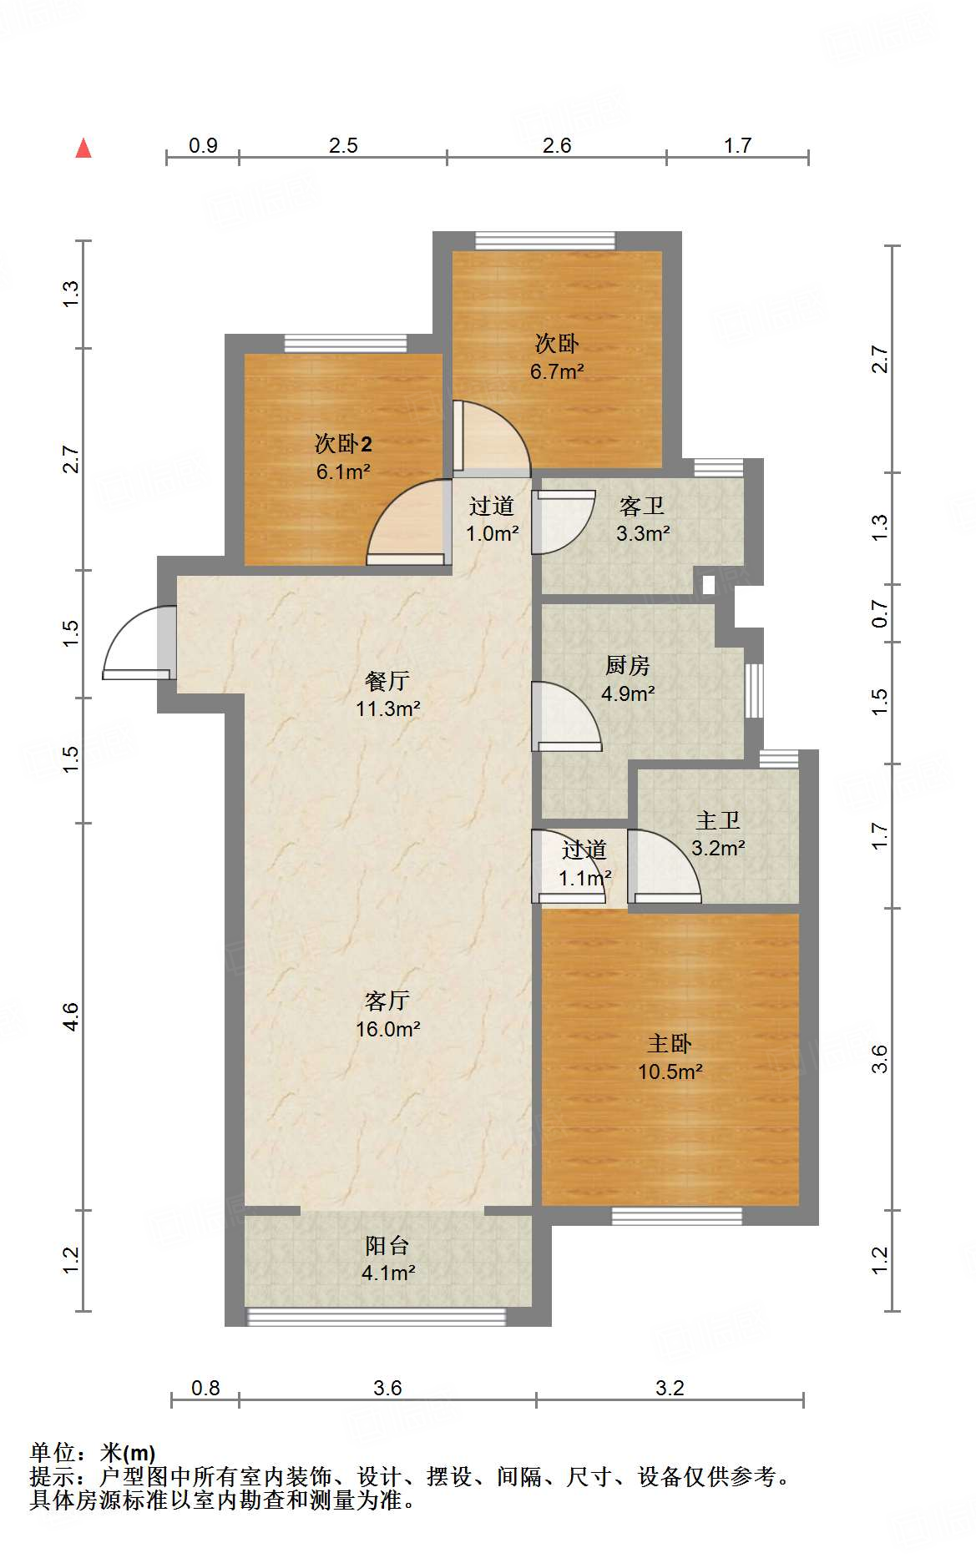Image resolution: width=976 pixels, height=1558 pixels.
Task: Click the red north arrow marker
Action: (83, 149)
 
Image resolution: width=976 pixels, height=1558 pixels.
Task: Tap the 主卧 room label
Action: (670, 1044)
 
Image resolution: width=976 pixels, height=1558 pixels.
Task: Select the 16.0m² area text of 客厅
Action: (387, 1029)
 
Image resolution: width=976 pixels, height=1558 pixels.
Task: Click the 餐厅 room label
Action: (387, 681)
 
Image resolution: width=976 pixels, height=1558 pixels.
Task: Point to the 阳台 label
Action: (387, 1246)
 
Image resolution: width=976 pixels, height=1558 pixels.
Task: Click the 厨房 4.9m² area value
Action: (628, 693)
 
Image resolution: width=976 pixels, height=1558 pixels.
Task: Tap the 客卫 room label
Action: (642, 506)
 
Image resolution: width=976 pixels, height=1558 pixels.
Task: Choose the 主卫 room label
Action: (718, 820)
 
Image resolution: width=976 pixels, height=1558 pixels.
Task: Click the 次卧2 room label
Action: (343, 444)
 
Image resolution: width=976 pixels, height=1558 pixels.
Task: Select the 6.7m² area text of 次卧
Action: (557, 371)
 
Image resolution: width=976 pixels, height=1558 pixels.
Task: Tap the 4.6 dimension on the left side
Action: (71, 1016)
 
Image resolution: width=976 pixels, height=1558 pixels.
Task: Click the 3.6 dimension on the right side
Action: (880, 1058)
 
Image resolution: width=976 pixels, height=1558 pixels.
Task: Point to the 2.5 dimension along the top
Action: (343, 146)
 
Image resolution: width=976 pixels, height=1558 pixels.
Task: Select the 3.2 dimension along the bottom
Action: (670, 1388)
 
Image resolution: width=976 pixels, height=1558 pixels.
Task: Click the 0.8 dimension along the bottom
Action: (205, 1388)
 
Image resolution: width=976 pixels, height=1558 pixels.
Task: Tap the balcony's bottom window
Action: (377, 1316)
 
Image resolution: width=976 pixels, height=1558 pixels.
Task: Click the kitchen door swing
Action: (565, 716)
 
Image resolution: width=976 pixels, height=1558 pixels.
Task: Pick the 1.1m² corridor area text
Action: (584, 878)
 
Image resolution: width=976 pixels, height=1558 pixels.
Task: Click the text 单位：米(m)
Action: (93, 1453)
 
